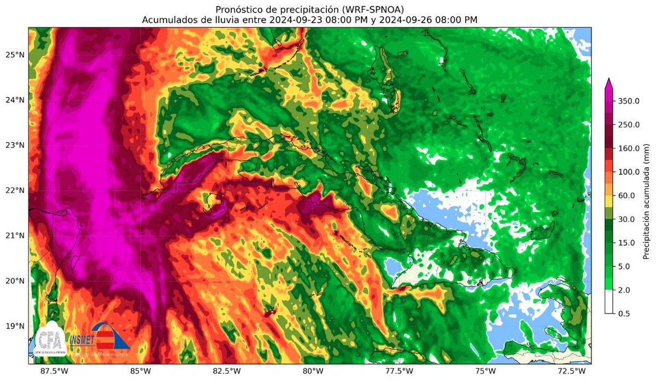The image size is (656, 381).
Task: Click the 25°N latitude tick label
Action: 14,55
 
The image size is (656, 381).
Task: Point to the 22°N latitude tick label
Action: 14,190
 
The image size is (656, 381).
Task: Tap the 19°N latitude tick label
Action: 14,326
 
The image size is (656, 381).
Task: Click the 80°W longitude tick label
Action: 311,371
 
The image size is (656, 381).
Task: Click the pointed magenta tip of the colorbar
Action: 610,82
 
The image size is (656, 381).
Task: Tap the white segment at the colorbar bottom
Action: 610,302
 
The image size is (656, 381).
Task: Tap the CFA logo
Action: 51,342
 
